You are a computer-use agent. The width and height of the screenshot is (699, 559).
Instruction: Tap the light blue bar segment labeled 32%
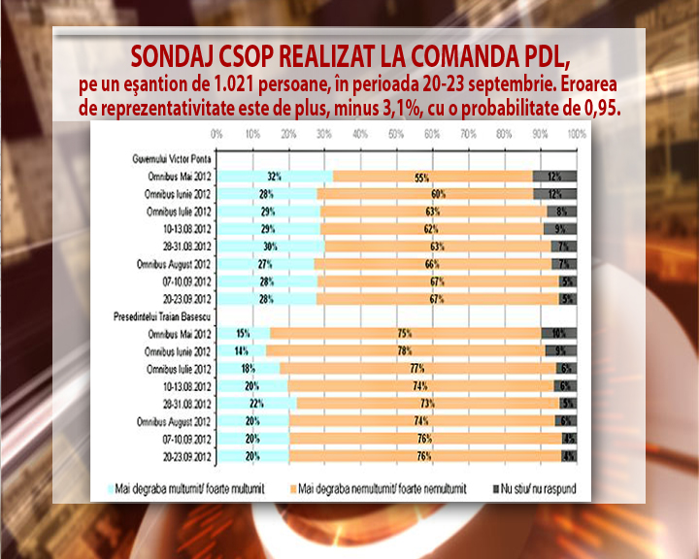click(x=274, y=176)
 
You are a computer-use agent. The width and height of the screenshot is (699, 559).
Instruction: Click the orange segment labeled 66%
click(x=433, y=263)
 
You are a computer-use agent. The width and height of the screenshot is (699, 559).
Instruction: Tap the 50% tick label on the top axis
click(x=397, y=133)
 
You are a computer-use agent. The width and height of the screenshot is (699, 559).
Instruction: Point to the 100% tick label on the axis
click(x=576, y=133)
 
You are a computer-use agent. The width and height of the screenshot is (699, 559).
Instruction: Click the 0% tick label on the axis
click(x=217, y=133)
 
